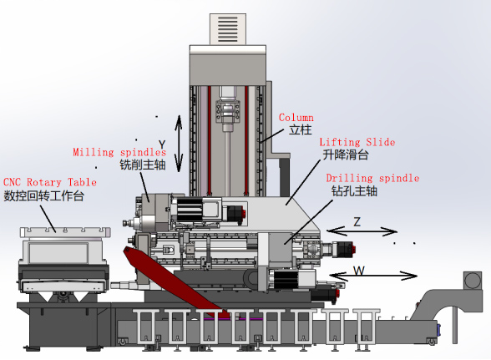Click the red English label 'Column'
pyautogui.click(x=296, y=118)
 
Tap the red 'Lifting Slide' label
pyautogui.click(x=357, y=142)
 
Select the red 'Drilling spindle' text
pyautogui.click(x=372, y=178)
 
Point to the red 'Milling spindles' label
pyautogui.click(x=119, y=152)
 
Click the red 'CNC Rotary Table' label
pyautogui.click(x=50, y=182)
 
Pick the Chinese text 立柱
pyautogui.click(x=301, y=129)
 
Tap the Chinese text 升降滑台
pyautogui.click(x=346, y=155)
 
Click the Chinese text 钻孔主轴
pyautogui.click(x=354, y=191)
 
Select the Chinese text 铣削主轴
pyautogui.click(x=143, y=165)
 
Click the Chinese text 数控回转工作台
pyautogui.click(x=43, y=195)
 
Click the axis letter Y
pyautogui.click(x=162, y=145)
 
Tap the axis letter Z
pyautogui.click(x=357, y=222)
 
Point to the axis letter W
pyautogui.click(x=359, y=271)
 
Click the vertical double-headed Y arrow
pyautogui.click(x=179, y=144)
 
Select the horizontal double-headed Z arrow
pyautogui.click(x=362, y=231)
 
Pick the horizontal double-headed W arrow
pyautogui.click(x=373, y=276)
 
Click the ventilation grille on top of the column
pyautogui.click(x=228, y=29)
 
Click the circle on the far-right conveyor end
pyautogui.click(x=473, y=281)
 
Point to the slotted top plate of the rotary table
pyautogui.click(x=65, y=232)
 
